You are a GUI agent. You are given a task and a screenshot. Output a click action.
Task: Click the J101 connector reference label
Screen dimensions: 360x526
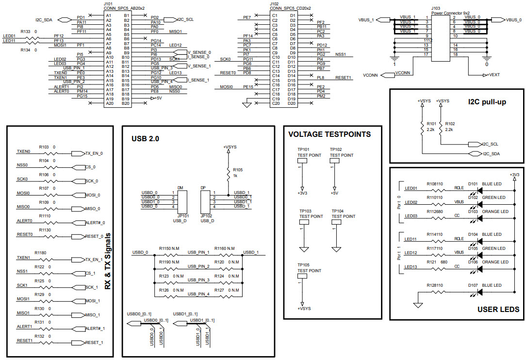pyautogui.click(x=109, y=3)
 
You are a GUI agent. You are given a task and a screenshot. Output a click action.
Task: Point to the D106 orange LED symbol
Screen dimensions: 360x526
pyautogui.click(x=480, y=268)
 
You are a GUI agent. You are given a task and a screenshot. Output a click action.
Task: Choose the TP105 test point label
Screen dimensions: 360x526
pyautogui.click(x=303, y=265)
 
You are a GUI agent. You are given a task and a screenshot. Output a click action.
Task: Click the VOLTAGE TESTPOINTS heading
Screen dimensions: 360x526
pyautogui.click(x=329, y=134)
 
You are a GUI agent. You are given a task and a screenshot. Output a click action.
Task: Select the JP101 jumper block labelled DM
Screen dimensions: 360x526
pyautogui.click(x=182, y=200)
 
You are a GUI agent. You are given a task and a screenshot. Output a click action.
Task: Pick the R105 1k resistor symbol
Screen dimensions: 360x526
pyautogui.click(x=228, y=173)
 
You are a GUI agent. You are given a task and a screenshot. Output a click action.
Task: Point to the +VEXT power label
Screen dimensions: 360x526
pyautogui.click(x=491, y=75)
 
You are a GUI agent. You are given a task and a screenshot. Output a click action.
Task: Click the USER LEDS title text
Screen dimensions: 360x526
pyautogui.click(x=498, y=309)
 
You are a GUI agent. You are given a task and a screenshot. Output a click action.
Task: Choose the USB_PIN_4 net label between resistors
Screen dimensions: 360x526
pyautogui.click(x=198, y=294)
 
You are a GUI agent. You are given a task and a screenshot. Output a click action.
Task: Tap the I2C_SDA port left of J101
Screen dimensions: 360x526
pyautogui.click(x=50, y=20)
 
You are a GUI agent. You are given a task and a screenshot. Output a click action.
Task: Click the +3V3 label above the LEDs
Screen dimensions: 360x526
pyautogui.click(x=514, y=175)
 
